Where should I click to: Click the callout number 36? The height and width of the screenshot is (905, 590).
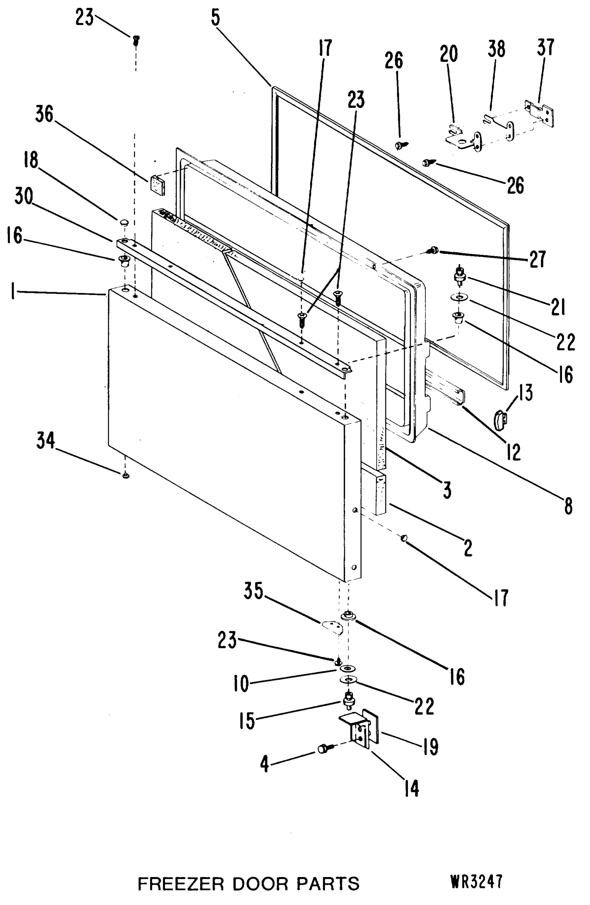44,114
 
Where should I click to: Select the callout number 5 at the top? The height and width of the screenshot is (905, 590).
216,18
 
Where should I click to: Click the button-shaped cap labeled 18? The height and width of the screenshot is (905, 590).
124,222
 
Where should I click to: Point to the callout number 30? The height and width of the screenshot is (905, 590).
24,196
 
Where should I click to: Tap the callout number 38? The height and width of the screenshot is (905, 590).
496,49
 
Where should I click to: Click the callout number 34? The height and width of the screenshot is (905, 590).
45,441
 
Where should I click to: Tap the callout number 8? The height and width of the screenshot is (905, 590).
568,506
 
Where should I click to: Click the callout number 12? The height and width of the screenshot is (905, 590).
514,452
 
